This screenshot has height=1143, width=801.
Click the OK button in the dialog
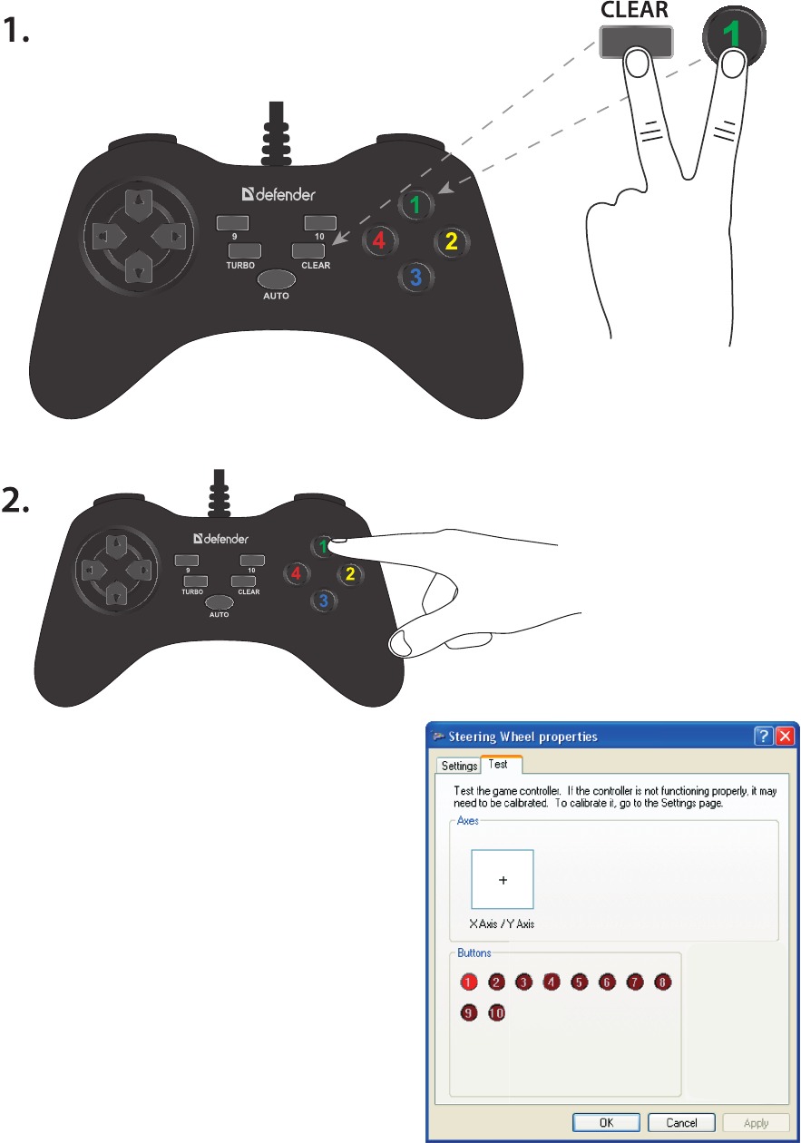[x=606, y=1122]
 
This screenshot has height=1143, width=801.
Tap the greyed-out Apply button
[x=756, y=1123]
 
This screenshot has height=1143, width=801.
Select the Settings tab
[x=459, y=766]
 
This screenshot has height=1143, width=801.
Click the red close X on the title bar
[x=786, y=736]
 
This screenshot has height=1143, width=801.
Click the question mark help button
[x=763, y=736]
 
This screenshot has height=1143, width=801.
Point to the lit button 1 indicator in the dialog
[x=468, y=982]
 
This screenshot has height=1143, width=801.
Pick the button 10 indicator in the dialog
[x=496, y=1012]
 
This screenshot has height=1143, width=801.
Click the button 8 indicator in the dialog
[x=662, y=982]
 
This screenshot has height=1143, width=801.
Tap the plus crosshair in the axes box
[x=503, y=880]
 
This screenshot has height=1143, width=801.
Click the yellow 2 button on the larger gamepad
[x=452, y=241]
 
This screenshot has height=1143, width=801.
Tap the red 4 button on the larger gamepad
[x=379, y=239]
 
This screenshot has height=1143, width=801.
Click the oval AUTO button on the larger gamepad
[x=276, y=279]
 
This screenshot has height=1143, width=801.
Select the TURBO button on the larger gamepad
[x=244, y=250]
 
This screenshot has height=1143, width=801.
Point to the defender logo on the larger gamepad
[x=278, y=194]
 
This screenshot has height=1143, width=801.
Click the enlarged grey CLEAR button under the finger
[x=636, y=42]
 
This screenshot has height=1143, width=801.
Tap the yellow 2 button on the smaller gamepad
[x=350, y=574]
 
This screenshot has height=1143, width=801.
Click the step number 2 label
[x=15, y=500]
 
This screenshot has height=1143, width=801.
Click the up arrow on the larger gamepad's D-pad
[x=139, y=203]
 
